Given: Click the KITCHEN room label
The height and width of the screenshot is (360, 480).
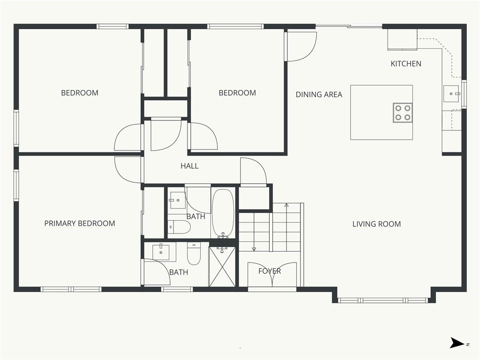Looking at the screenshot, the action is pyautogui.click(x=406, y=64).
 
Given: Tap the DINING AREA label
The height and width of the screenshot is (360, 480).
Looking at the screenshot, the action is pyautogui.click(x=319, y=95).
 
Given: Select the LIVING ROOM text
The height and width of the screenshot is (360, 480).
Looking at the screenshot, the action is pyautogui.click(x=376, y=224).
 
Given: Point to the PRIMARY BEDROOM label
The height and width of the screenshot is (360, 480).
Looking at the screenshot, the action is pyautogui.click(x=80, y=224).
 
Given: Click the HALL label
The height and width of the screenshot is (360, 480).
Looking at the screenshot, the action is pyautogui.click(x=189, y=166).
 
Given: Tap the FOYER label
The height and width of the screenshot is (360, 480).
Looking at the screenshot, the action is pyautogui.click(x=270, y=271).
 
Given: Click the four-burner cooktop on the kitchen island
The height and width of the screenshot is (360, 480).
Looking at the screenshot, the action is pyautogui.click(x=403, y=112).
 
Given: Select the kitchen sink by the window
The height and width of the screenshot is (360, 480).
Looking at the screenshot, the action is pyautogui.click(x=451, y=94).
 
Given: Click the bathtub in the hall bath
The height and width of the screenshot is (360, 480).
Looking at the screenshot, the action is pyautogui.click(x=223, y=213).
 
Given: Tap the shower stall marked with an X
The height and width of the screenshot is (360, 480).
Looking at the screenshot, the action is pyautogui.click(x=222, y=267).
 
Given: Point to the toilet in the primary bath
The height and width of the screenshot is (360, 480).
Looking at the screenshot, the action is pyautogui.click(x=194, y=254).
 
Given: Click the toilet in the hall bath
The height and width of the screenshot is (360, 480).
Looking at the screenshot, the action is pyautogui.click(x=179, y=227).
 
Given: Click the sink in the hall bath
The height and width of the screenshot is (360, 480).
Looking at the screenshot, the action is pyautogui.click(x=177, y=200).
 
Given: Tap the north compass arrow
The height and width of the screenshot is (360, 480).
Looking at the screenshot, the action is pyautogui.click(x=457, y=343).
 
